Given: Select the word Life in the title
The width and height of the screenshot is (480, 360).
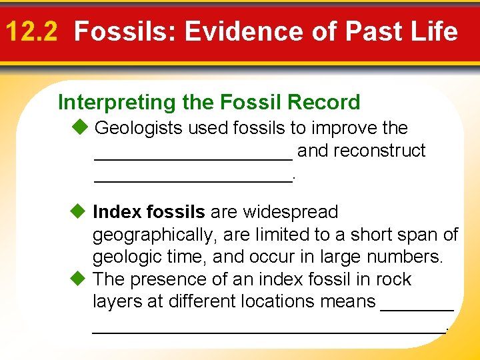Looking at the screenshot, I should pyautogui.click(x=434, y=31).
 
